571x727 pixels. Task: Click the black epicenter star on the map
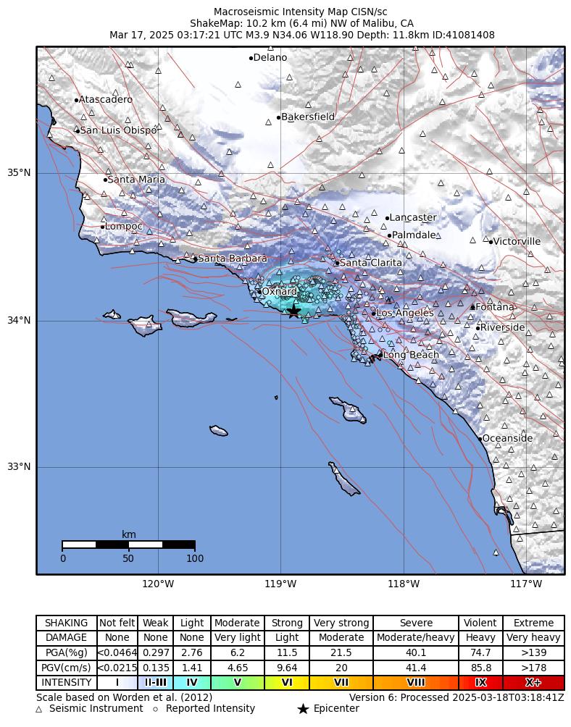point(293,311)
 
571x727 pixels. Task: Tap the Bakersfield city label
point(308,117)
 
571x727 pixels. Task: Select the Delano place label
point(270,58)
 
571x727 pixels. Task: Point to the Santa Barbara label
point(232,259)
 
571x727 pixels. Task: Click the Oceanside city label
point(507,438)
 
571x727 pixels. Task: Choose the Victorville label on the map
point(517,241)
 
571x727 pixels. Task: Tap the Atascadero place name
point(106,99)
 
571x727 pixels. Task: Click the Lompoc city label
point(124,227)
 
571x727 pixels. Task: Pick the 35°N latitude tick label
point(19,173)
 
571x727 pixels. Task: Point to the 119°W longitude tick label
point(281,584)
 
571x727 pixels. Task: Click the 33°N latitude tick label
point(19,467)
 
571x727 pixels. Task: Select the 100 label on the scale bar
point(195,558)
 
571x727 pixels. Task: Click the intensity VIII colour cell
point(416,682)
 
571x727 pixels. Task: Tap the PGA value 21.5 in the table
point(341,652)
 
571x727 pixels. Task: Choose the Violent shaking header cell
point(480,623)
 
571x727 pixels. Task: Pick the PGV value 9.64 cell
point(287,668)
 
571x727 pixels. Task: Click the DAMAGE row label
point(66,638)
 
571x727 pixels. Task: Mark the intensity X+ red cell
point(533,682)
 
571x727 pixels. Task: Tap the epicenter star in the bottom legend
point(303,709)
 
